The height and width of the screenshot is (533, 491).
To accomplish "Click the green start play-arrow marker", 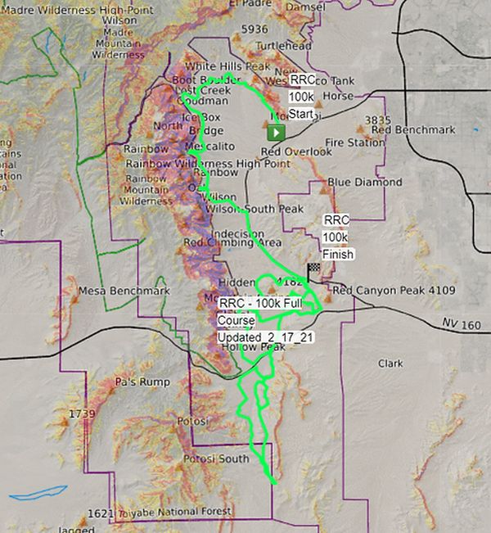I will (x=277, y=132).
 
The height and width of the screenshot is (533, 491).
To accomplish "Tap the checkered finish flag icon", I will (x=313, y=269).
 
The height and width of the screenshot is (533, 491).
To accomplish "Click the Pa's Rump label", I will (x=142, y=382).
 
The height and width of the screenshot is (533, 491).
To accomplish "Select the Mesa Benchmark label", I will (x=124, y=291).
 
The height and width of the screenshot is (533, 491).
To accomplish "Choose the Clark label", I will (x=390, y=363).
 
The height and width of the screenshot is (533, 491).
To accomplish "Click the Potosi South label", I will (x=216, y=458).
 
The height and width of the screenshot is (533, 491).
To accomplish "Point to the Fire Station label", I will (x=354, y=142).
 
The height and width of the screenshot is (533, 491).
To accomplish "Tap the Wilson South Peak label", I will (x=256, y=210).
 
